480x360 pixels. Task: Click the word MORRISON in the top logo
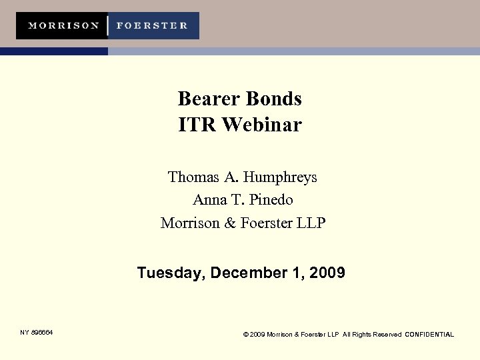pos(63,26)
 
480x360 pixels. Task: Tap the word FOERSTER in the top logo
pos(152,26)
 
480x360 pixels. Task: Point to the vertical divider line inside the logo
pos(108,26)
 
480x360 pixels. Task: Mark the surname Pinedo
pos(271,199)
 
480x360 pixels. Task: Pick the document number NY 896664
pos(36,332)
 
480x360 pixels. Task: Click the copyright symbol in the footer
pos(247,335)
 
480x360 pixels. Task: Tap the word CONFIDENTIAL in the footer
pos(429,335)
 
